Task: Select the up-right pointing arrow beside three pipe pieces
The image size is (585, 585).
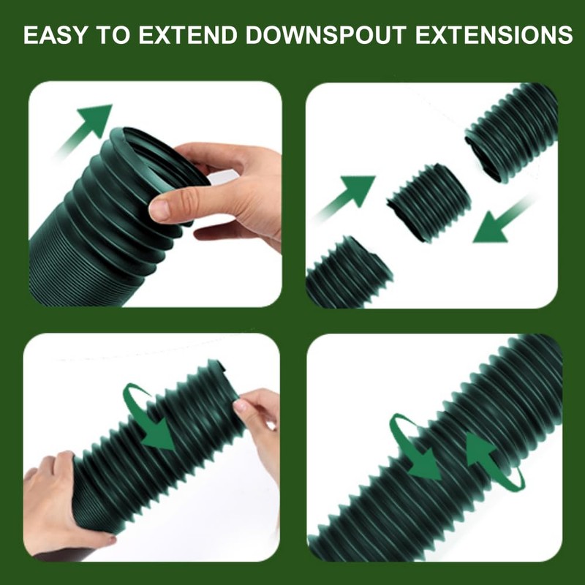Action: coord(350,196)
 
